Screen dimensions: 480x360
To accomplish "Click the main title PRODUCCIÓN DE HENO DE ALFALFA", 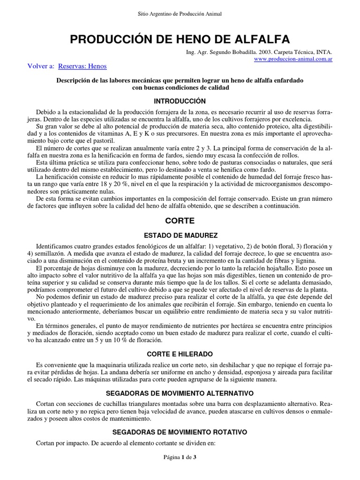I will click(x=180, y=39).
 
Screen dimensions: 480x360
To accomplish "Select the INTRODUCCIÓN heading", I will click(x=180, y=101).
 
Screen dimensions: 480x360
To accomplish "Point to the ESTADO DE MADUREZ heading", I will click(x=180, y=235).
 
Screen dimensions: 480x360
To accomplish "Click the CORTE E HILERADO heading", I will click(x=180, y=354).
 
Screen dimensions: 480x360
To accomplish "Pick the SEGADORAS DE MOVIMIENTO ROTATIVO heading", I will click(x=180, y=431).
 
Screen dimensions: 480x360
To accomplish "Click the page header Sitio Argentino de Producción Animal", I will click(x=180, y=14).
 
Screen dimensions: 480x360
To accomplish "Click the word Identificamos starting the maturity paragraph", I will click(x=56, y=247).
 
